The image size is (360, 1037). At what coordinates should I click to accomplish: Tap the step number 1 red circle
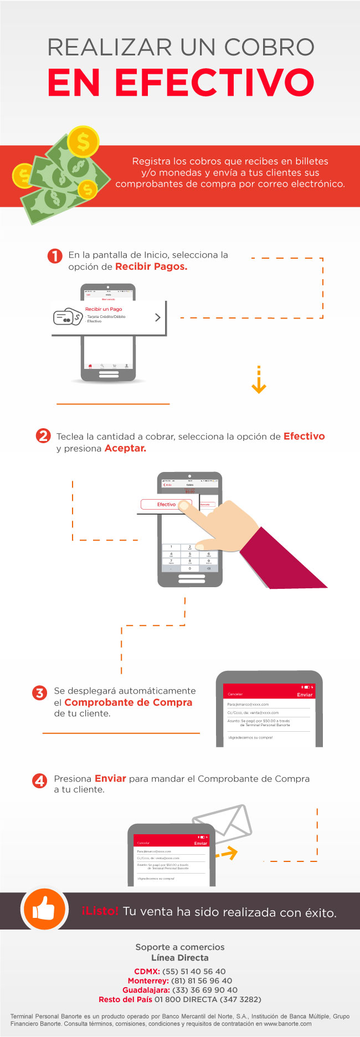55,256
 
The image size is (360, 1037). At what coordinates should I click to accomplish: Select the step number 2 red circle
43,436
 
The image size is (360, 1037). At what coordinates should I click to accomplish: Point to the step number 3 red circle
39,692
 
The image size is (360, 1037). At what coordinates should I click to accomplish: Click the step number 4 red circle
39,781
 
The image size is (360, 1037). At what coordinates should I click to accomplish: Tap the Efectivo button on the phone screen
166,504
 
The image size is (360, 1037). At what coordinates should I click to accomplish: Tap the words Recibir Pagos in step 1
151,266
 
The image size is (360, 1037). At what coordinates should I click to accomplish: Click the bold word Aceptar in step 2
125,448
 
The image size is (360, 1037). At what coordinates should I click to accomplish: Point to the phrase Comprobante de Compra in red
128,702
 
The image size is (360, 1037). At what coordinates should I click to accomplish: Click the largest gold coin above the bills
83,142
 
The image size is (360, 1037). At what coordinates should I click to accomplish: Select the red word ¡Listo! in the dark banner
100,911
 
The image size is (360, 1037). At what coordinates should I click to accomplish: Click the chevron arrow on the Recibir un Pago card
158,317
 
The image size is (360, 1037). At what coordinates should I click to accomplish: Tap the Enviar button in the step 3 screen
305,695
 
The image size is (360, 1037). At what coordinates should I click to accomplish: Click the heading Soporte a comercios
180,947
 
